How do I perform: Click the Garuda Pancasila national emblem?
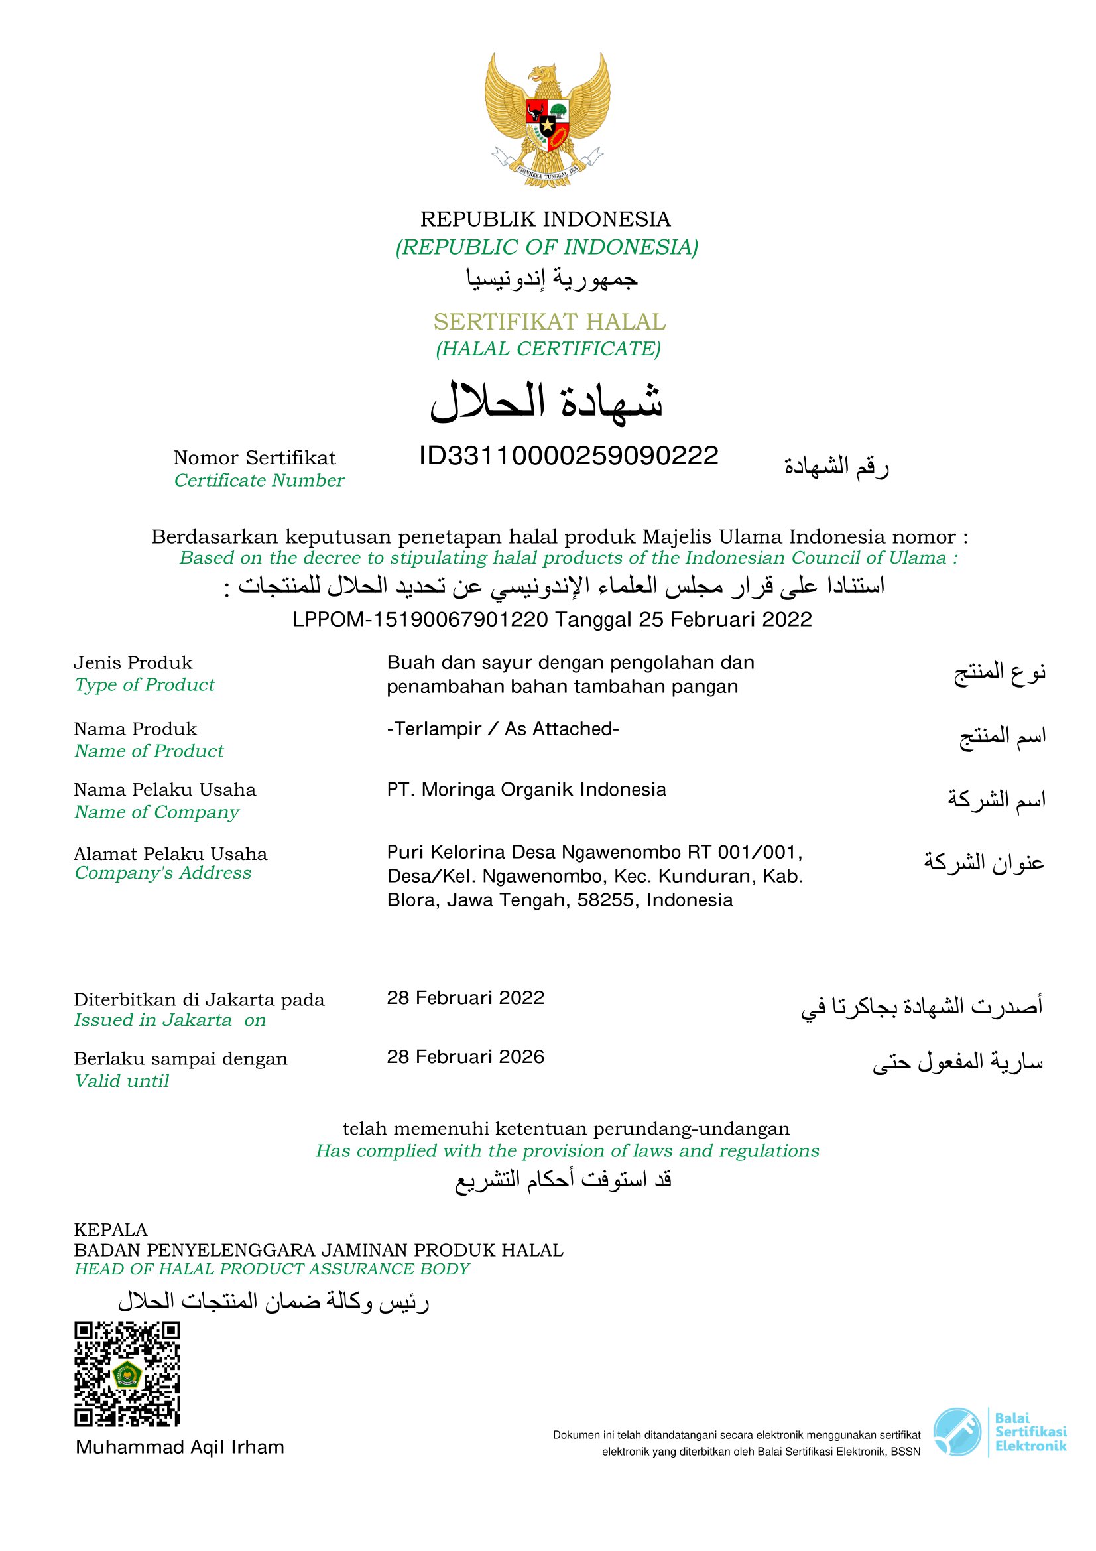547,120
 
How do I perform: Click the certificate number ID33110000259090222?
568,456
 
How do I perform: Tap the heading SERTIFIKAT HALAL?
549,322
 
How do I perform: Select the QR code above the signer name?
127,1374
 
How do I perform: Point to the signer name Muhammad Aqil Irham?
180,1446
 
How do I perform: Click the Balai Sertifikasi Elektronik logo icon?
957,1432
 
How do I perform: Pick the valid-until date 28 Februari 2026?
465,1056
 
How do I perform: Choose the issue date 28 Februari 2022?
465,998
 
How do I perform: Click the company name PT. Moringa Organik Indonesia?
526,790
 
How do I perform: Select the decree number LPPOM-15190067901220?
420,619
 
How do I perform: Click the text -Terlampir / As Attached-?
503,729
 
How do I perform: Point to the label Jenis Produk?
133,662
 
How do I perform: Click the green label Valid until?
121,1081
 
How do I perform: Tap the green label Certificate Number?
259,480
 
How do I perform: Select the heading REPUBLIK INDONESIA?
546,219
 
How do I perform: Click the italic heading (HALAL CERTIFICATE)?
548,349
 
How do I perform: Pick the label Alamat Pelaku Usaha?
170,854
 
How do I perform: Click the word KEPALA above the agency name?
111,1229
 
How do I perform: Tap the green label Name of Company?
156,812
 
